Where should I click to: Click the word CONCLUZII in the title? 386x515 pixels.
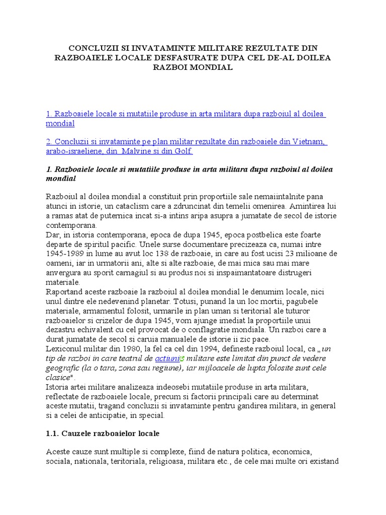[x=93, y=48]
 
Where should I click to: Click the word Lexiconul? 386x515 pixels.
[x=64, y=349]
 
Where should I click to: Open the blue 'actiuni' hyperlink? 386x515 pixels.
[x=167, y=358]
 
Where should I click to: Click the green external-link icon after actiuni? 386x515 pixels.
[x=182, y=359]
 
